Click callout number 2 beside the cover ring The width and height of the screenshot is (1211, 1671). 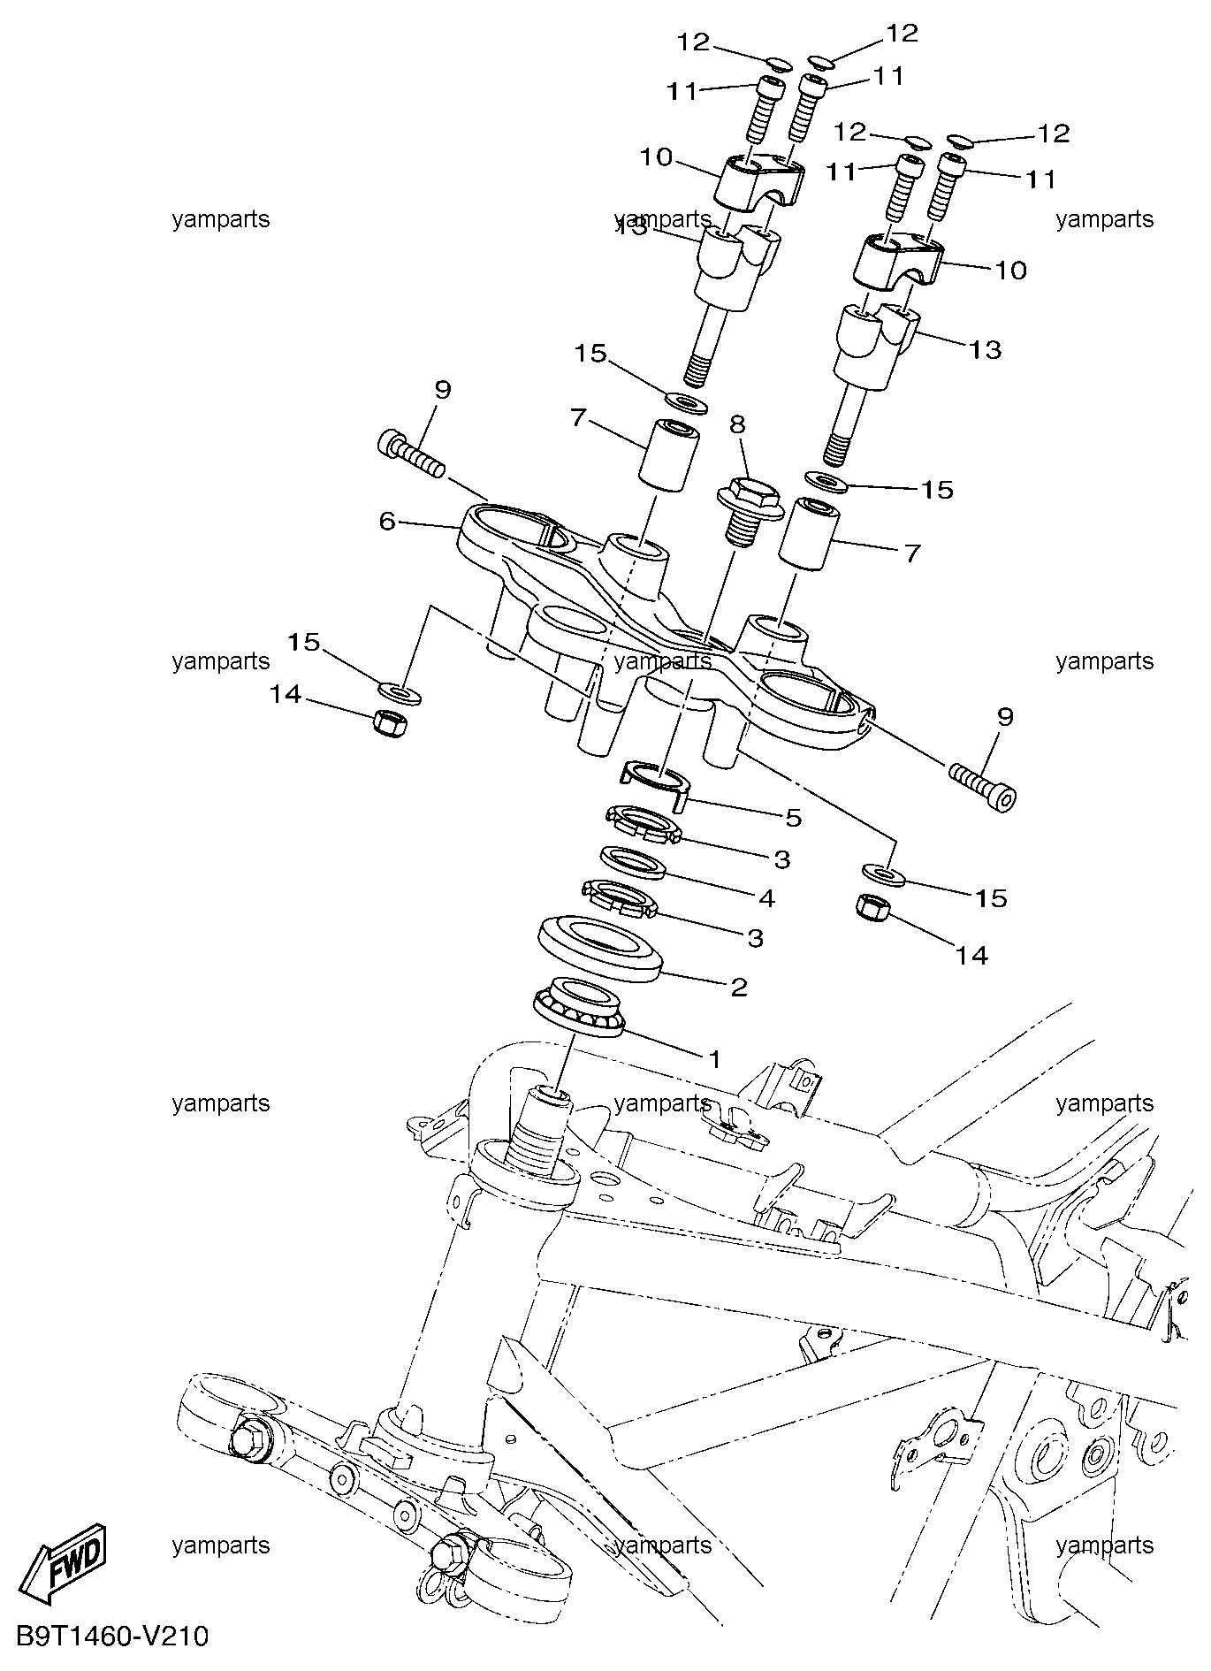[x=739, y=986]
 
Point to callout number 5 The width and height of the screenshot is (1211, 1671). [x=793, y=818]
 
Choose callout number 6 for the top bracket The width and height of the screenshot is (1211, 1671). [x=386, y=522]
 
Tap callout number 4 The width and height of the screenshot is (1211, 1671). [x=765, y=898]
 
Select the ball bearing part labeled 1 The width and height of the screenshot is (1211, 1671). [x=580, y=1008]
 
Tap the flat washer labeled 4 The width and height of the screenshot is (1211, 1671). [x=632, y=863]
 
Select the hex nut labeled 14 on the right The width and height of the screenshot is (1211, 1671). [x=874, y=906]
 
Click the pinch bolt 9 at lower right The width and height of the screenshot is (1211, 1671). [x=982, y=786]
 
